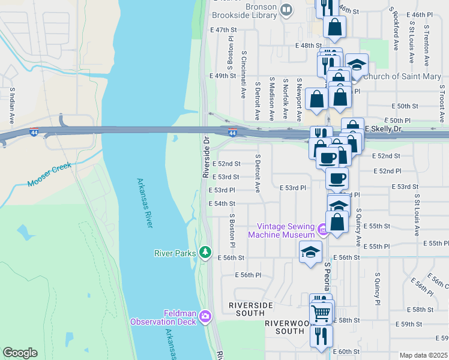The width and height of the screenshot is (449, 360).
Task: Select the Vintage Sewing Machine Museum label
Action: (x=286, y=230)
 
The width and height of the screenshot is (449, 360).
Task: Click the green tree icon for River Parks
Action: (x=206, y=253)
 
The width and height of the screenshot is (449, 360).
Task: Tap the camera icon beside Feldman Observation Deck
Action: (x=206, y=316)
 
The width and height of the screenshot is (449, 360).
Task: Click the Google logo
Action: (x=20, y=353)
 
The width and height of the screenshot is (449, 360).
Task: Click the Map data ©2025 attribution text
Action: (x=423, y=355)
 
